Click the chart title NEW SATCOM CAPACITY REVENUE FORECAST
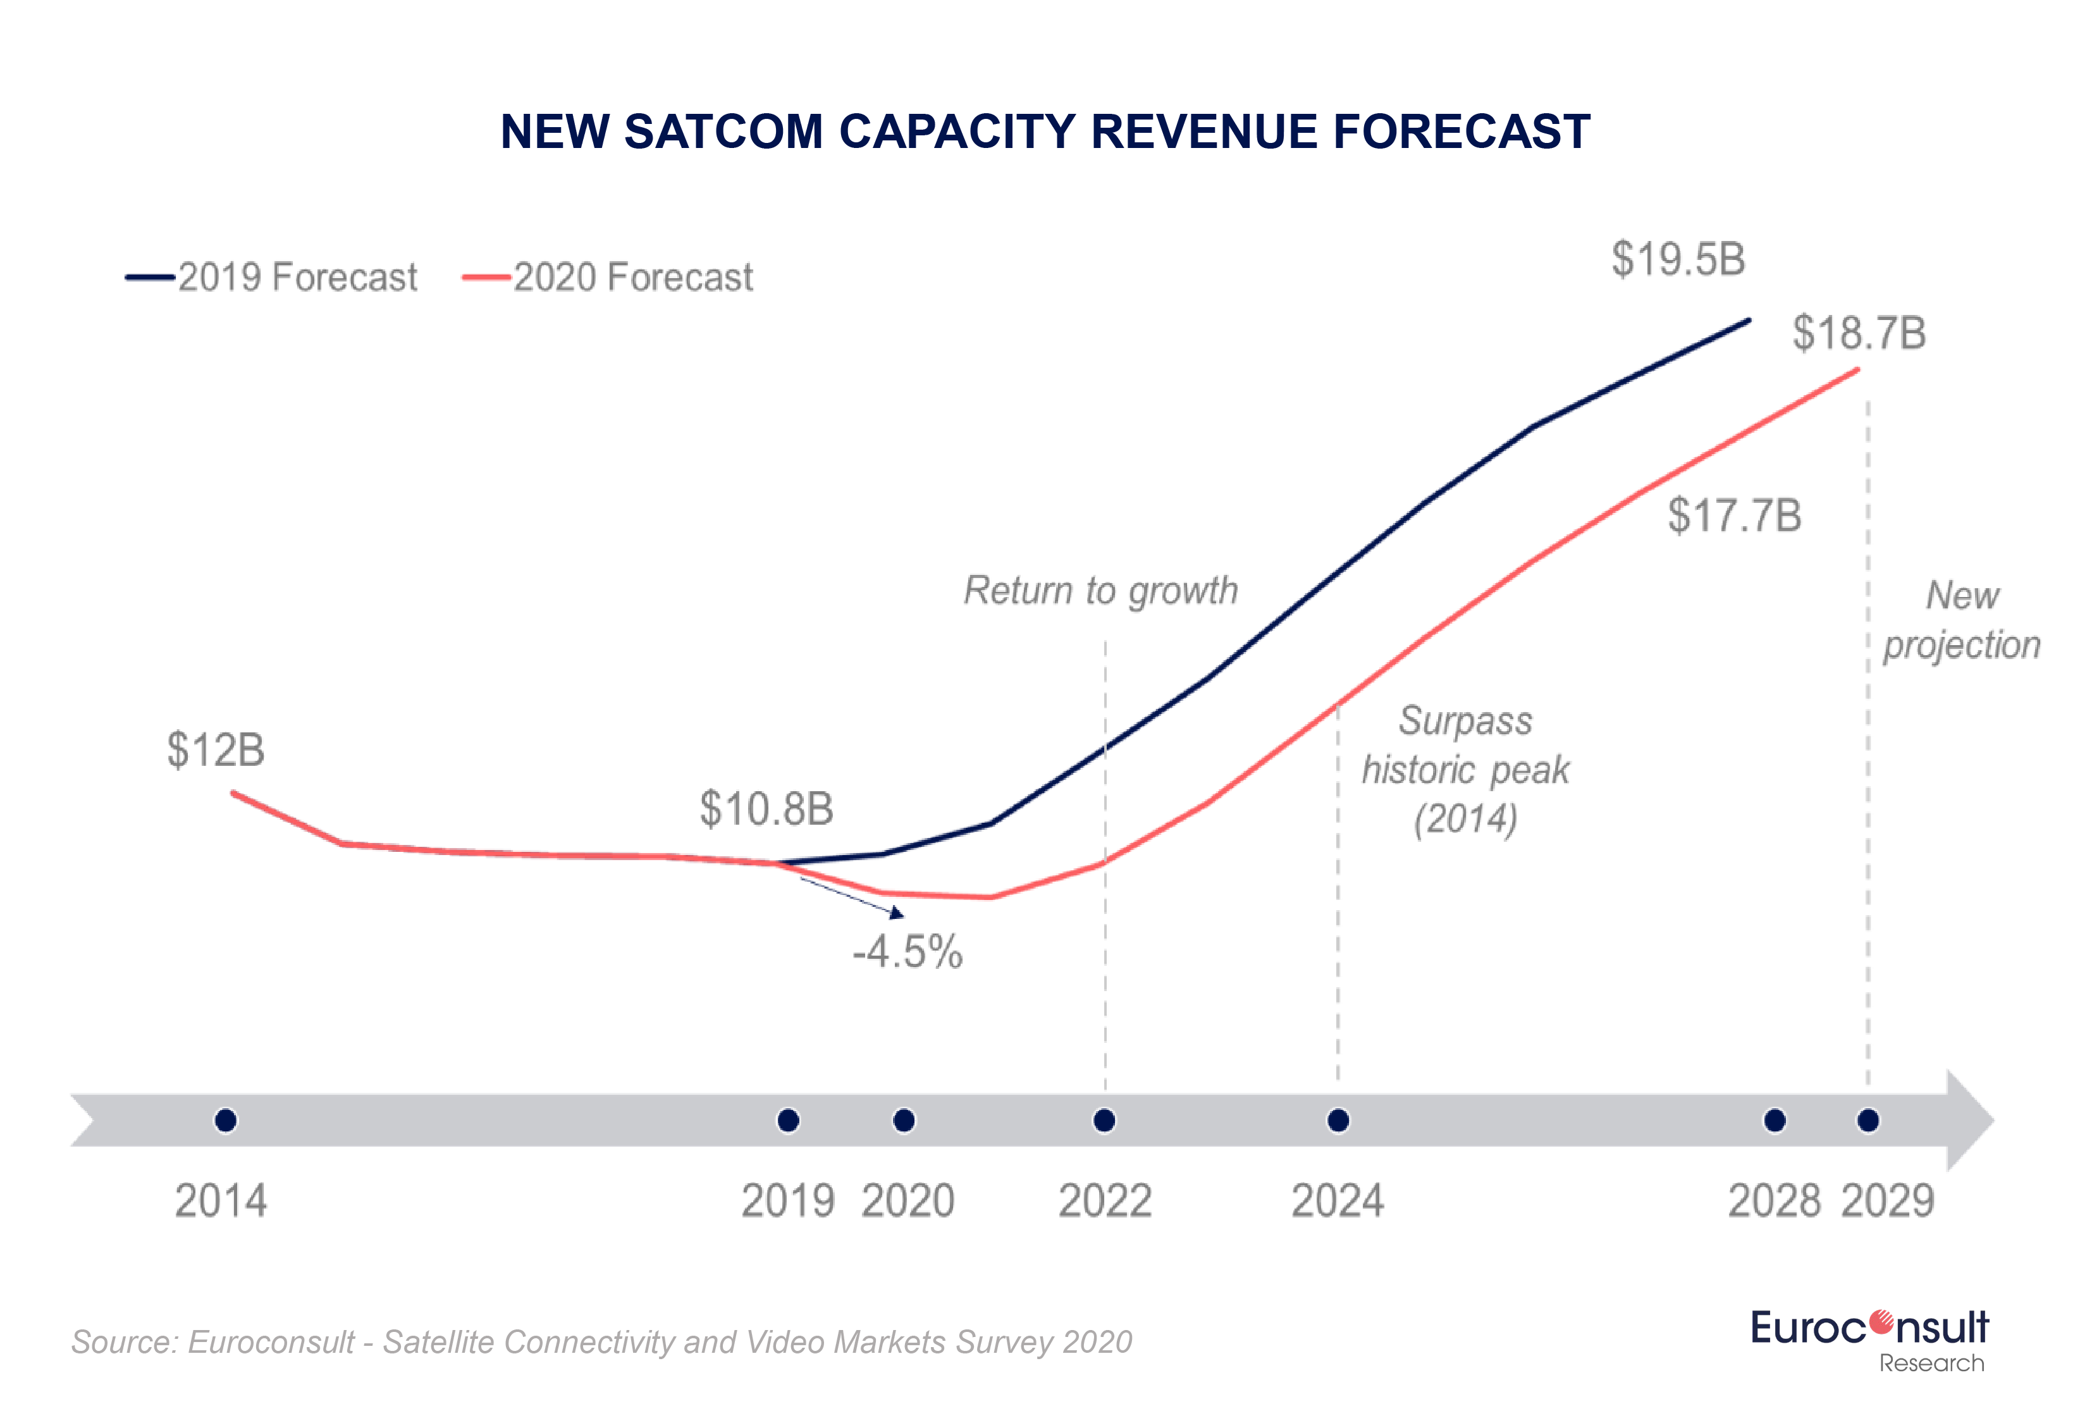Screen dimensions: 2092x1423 coord(1045,132)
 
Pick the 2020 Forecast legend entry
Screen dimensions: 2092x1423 coord(608,277)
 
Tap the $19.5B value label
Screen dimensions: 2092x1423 coord(1678,259)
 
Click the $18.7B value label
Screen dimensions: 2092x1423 coord(1859,333)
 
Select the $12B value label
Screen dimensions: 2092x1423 coord(216,749)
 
